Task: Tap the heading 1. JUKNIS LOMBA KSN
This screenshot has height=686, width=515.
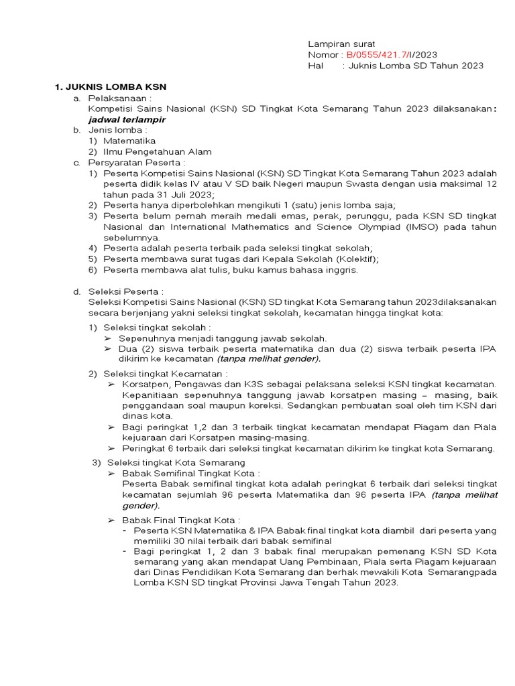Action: (x=110, y=87)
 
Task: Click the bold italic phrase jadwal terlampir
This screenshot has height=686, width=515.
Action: (x=126, y=119)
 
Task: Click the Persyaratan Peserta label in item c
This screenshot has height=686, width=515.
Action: (x=136, y=162)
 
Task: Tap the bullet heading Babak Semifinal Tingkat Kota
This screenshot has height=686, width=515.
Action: (x=177, y=473)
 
